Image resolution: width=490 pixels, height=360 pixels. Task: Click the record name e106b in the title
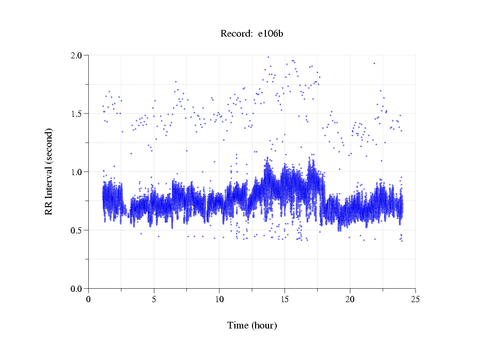[x=271, y=34]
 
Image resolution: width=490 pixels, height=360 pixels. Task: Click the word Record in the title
[x=235, y=34]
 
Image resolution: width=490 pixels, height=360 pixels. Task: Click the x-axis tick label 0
[x=89, y=299]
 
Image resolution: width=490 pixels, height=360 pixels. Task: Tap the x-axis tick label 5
[x=154, y=299]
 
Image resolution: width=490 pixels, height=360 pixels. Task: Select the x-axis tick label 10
[x=219, y=299]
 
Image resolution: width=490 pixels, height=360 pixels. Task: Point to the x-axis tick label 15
[x=284, y=299]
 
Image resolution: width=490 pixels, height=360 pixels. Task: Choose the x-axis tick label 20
[x=350, y=299]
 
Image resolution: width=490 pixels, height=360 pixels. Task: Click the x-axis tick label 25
[x=415, y=299]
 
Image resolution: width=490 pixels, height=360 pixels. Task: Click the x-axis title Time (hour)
[x=252, y=325]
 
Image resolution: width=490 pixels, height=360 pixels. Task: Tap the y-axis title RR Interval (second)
[x=49, y=171]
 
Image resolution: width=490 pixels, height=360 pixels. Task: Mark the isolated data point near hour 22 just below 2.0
[x=374, y=63]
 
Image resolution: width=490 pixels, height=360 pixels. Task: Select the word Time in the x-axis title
[x=238, y=325]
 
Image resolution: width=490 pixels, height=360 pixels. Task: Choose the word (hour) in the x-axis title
[x=264, y=325]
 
